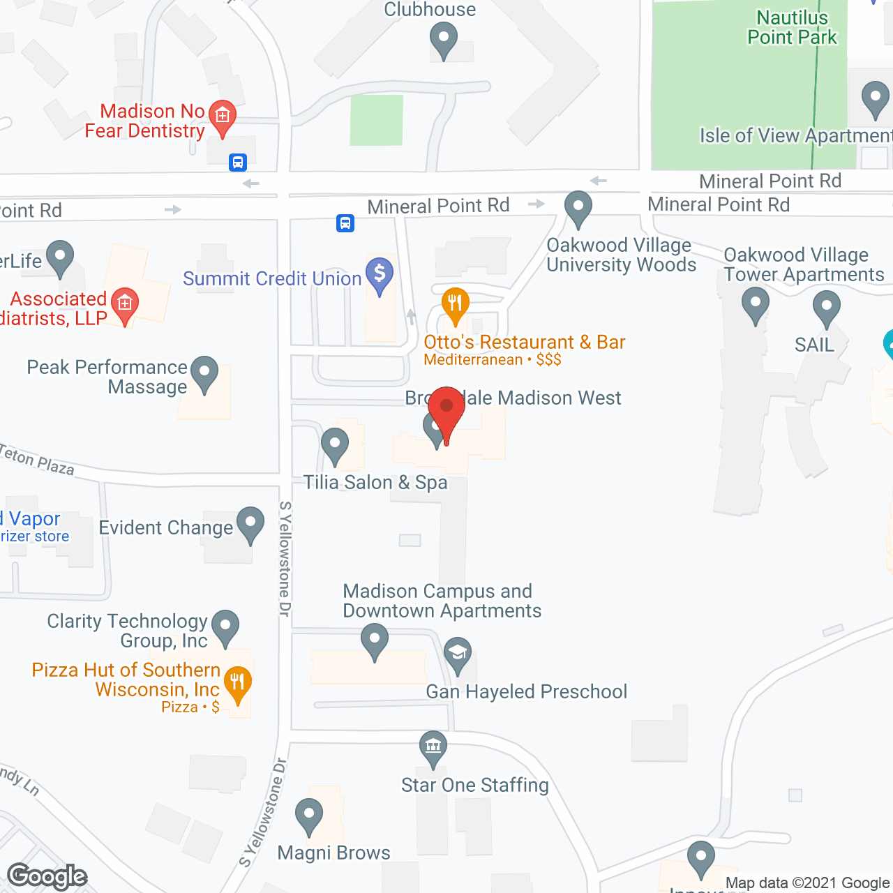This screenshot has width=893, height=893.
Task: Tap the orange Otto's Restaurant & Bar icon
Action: (456, 305)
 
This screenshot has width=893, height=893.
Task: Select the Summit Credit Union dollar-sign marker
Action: (380, 274)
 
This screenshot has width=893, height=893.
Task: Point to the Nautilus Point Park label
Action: (792, 27)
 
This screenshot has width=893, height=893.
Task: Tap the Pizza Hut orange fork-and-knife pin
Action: (238, 684)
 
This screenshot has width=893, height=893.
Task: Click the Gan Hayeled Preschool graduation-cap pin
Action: (458, 654)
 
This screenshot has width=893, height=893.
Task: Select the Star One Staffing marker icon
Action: (433, 748)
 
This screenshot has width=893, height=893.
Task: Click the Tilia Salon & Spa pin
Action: (335, 444)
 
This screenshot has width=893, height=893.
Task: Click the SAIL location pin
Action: (827, 308)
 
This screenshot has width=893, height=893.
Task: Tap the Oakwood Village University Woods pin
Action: (578, 208)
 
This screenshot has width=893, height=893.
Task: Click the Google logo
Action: (47, 876)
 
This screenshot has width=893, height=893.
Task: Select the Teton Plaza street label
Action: (37, 460)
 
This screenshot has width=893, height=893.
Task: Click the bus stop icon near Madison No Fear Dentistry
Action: (238, 163)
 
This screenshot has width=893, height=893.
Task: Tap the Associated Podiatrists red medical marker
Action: (125, 305)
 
